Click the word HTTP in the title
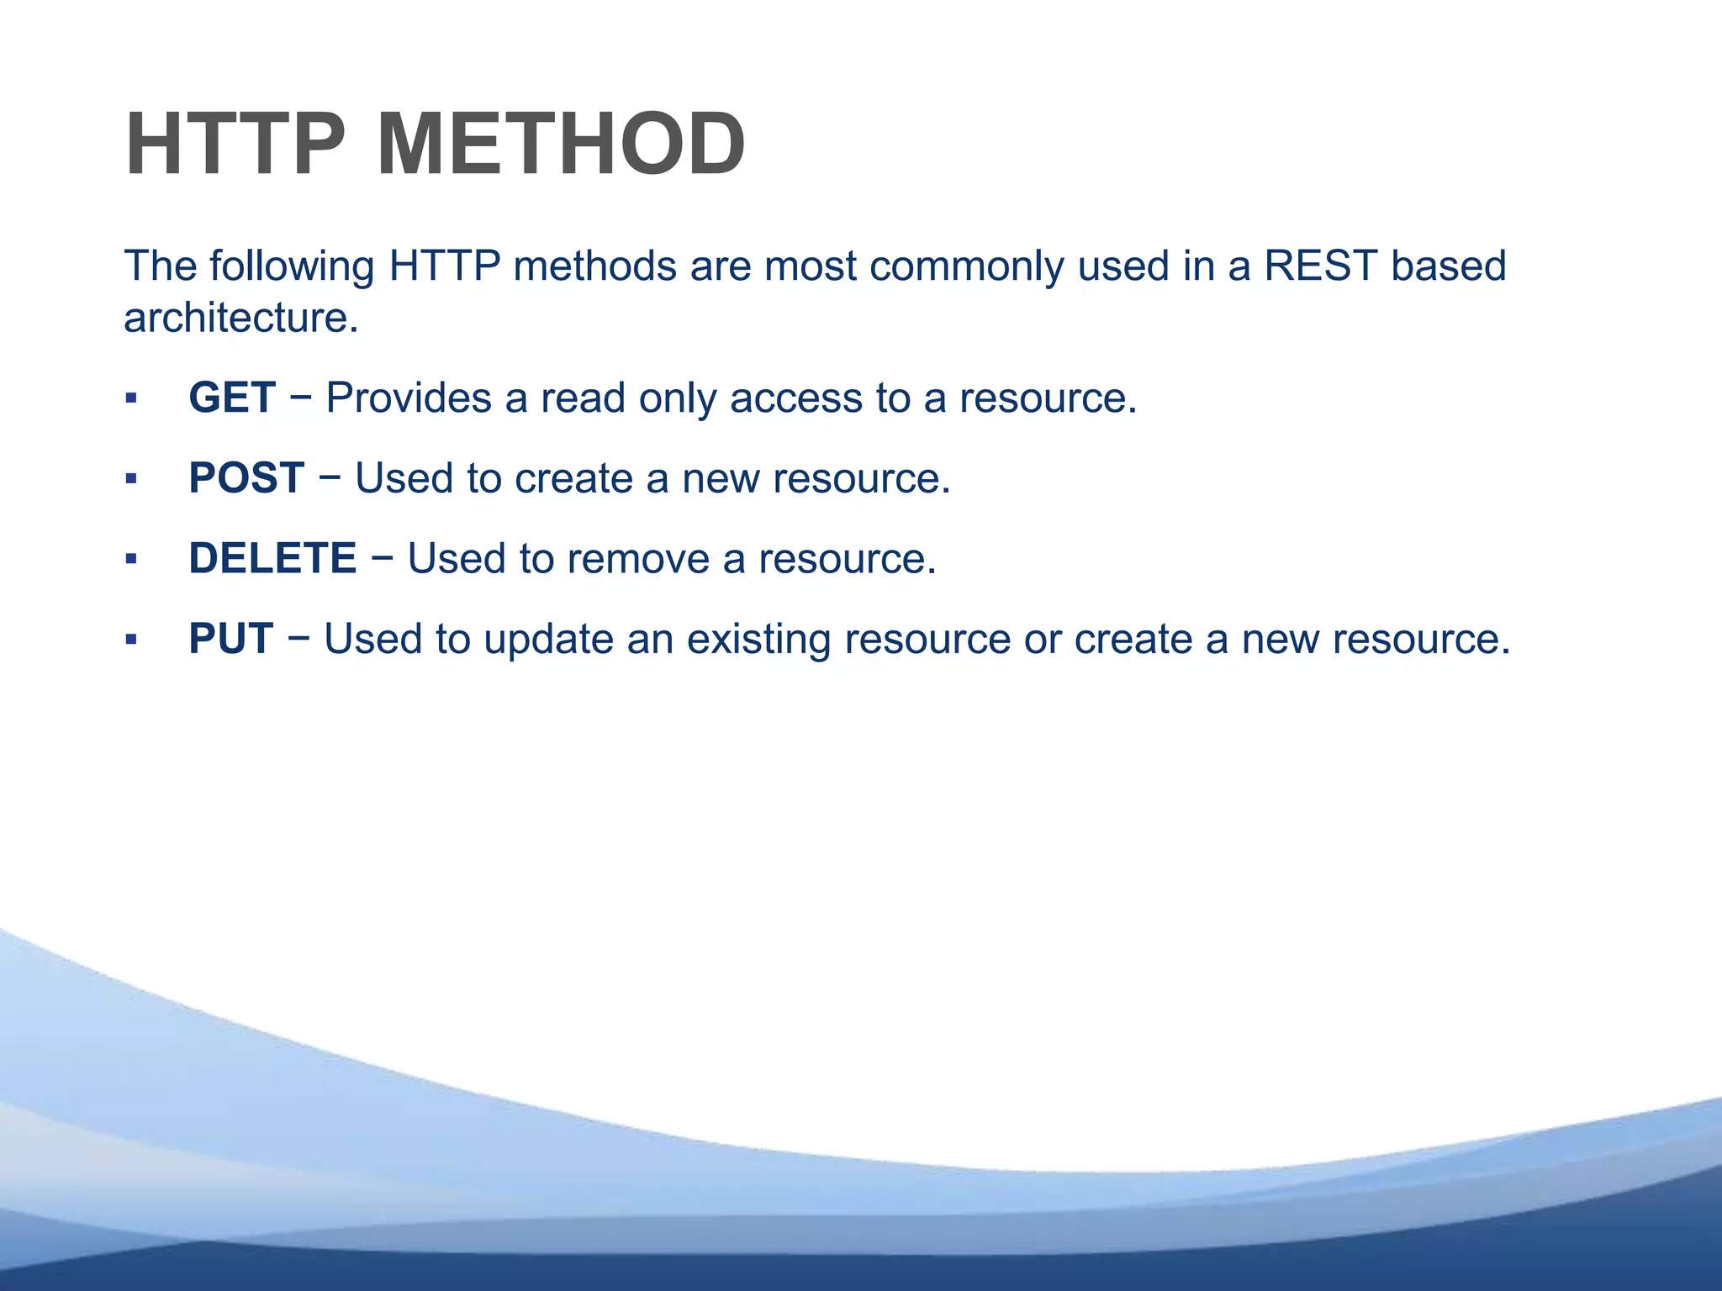point(235,145)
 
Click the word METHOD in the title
point(560,145)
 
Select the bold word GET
point(232,398)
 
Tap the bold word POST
point(246,478)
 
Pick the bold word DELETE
point(272,559)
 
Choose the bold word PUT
point(230,639)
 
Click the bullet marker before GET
point(130,398)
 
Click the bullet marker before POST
point(130,479)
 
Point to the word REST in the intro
point(1320,266)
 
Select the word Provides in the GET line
point(409,398)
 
